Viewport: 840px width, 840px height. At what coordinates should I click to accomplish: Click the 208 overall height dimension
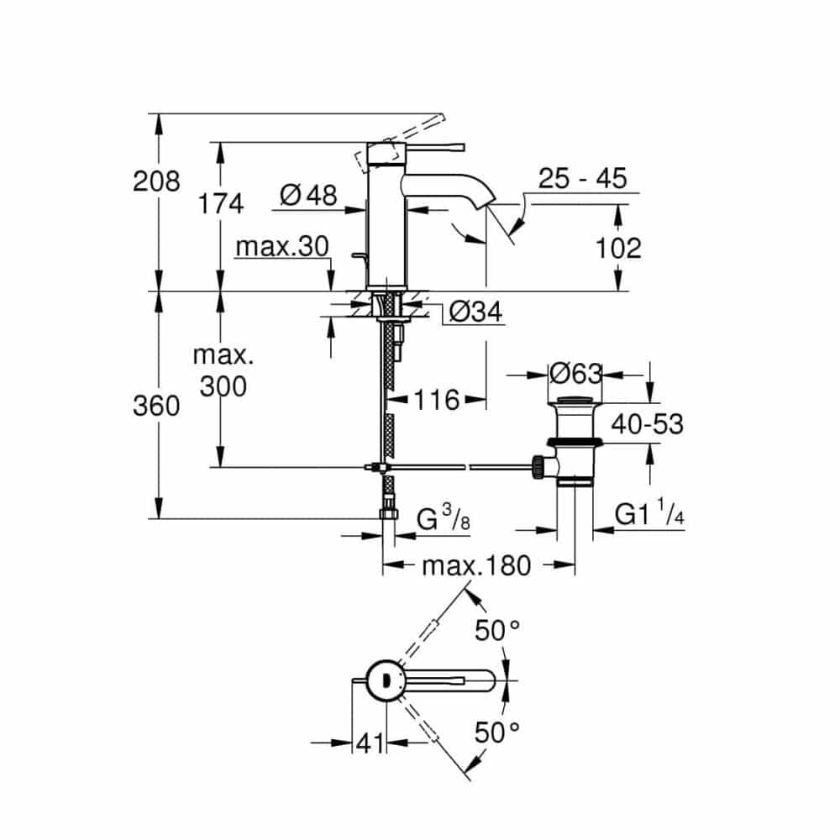[x=156, y=181]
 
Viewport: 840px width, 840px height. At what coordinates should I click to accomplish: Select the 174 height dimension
[x=221, y=204]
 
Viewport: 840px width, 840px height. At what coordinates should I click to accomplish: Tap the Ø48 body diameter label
[x=308, y=195]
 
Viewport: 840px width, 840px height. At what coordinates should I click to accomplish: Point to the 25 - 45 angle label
[x=582, y=178]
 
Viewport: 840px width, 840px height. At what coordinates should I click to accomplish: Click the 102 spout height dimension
[x=618, y=249]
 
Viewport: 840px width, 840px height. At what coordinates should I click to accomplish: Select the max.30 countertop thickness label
[x=282, y=247]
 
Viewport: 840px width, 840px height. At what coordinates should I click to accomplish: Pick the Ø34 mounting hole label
[x=475, y=312]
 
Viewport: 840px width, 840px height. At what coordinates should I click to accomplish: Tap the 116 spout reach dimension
[x=437, y=400]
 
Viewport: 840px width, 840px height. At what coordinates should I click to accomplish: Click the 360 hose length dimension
[x=156, y=406]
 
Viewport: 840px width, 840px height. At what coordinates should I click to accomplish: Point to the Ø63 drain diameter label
[x=576, y=374]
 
